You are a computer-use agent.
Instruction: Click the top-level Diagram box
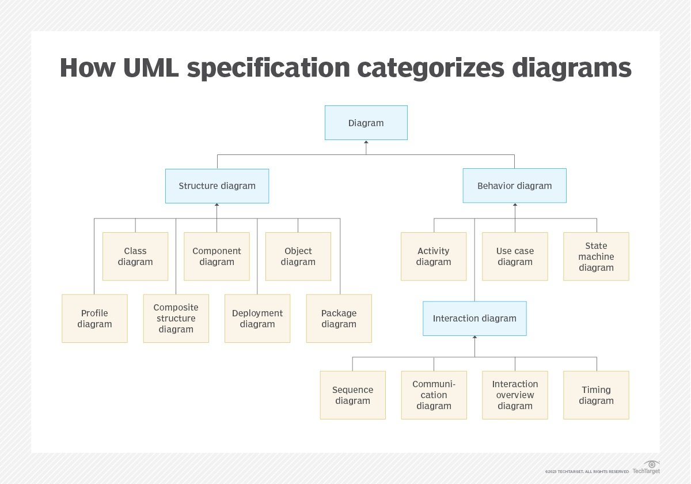point(366,123)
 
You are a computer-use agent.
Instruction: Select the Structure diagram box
point(217,186)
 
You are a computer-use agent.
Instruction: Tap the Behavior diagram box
point(514,186)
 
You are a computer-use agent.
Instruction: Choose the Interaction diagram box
point(474,318)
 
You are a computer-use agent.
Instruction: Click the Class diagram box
point(135,256)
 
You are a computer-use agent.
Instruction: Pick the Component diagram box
point(217,256)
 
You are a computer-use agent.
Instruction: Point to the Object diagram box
point(298,256)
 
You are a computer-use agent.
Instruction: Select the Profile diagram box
point(94,318)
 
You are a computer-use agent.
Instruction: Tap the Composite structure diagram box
point(176,318)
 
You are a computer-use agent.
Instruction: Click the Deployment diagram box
point(257,318)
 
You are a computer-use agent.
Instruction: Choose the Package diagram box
point(339,318)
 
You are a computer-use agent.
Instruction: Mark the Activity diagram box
point(434,256)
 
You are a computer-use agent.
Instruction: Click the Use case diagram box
point(515,256)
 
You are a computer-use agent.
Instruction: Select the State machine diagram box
point(596,256)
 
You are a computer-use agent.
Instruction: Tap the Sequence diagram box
point(352,395)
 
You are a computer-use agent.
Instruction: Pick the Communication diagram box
point(434,395)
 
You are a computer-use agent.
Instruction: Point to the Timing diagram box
point(596,395)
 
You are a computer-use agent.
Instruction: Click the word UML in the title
point(151,67)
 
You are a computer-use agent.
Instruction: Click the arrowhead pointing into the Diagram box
point(366,142)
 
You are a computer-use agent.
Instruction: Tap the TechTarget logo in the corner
point(646,467)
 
